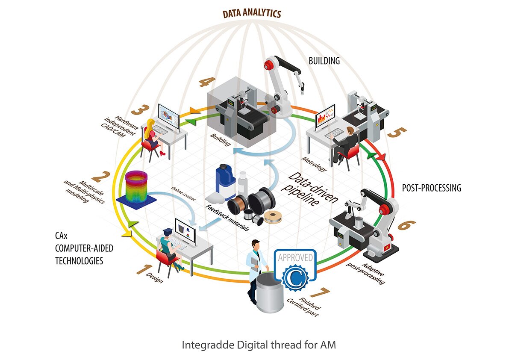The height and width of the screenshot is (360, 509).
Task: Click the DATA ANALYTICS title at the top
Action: (x=252, y=14)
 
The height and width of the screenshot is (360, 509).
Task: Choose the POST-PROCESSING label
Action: (x=432, y=188)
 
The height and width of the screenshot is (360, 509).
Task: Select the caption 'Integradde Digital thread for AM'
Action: (x=259, y=345)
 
